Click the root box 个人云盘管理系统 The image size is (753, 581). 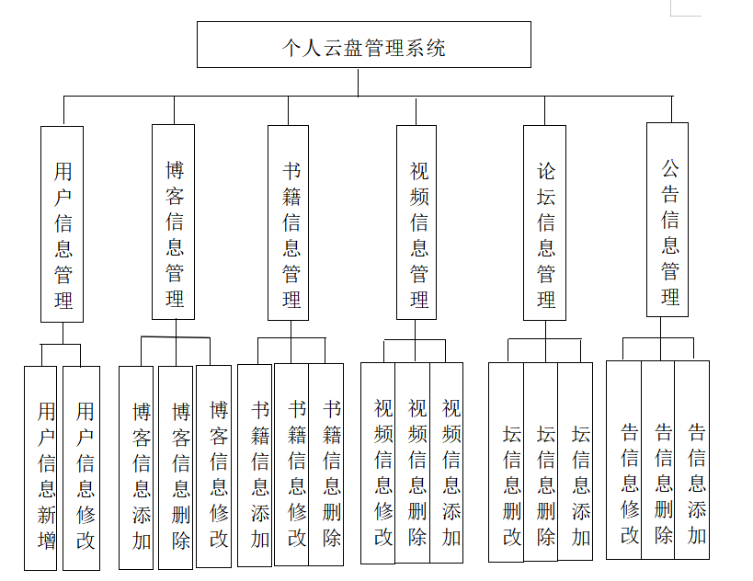coord(363,45)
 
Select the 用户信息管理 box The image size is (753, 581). coord(63,223)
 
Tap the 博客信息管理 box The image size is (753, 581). coord(173,222)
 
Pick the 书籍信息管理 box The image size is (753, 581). coord(289,222)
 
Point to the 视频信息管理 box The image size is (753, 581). coord(416,222)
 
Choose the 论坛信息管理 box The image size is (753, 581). coord(544,223)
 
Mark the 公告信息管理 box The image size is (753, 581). coord(667,220)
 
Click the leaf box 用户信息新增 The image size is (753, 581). coord(41,468)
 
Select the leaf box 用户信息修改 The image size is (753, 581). coord(81,468)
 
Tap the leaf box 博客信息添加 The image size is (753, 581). coord(136,468)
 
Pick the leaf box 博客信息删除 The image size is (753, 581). coord(176,468)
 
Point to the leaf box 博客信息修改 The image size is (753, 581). coord(214,466)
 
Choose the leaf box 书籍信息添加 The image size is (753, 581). coord(255,466)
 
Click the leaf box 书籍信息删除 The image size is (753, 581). coord(326,464)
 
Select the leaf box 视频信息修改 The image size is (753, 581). coord(378,462)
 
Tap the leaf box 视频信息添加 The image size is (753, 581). coord(447,462)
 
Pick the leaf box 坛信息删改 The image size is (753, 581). coord(506,462)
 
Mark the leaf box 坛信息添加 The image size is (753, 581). coord(576,462)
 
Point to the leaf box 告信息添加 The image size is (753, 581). coord(692,460)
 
